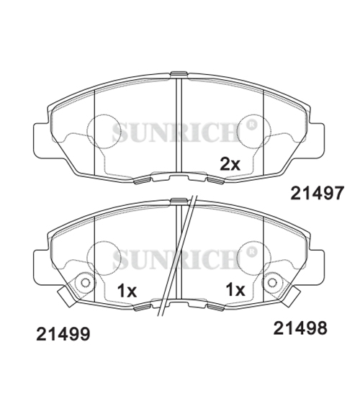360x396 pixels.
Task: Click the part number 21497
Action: pyautogui.click(x=318, y=193)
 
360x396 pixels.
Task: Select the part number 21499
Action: pyautogui.click(x=63, y=333)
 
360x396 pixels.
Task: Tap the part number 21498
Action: pyautogui.click(x=300, y=328)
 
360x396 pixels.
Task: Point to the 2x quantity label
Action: pyautogui.click(x=230, y=164)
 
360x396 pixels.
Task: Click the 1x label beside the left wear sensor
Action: pyautogui.click(x=127, y=291)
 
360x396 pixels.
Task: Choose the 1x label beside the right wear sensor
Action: pyautogui.click(x=235, y=289)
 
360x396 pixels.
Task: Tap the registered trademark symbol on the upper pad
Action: pyautogui.click(x=250, y=125)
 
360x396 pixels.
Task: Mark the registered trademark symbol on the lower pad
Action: pyautogui.click(x=250, y=251)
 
